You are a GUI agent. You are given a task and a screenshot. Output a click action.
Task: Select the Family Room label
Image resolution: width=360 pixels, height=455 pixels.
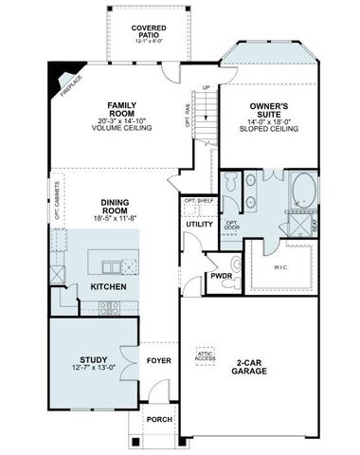click(x=123, y=105)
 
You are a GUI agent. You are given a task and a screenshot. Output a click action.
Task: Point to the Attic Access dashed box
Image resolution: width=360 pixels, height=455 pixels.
click(x=206, y=355)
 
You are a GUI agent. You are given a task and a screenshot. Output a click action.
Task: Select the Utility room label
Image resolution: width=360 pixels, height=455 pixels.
click(x=199, y=224)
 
